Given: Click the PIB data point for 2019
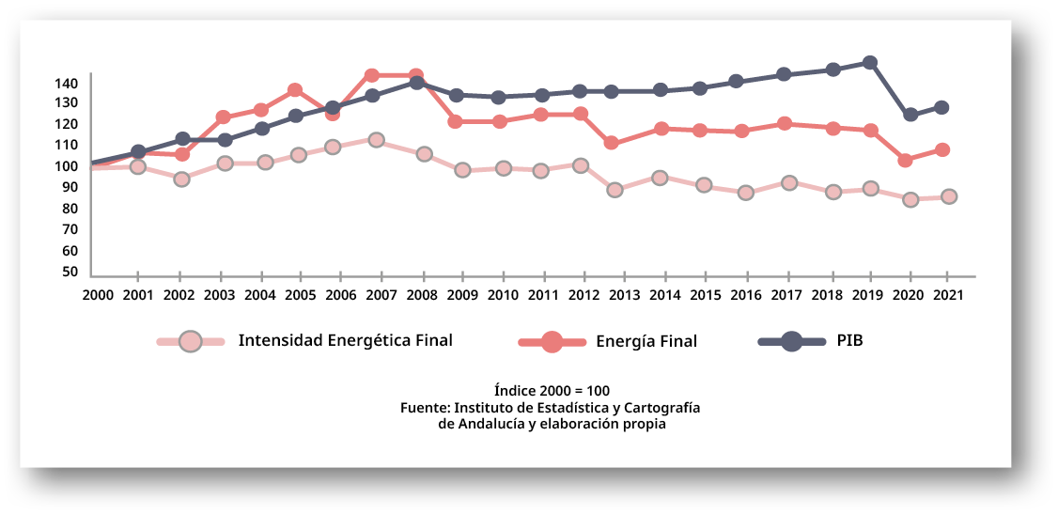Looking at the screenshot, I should (870, 63).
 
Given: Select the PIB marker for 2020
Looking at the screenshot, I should (910, 115).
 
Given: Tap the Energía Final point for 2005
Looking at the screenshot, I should (294, 90).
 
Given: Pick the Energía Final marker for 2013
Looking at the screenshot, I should (612, 143).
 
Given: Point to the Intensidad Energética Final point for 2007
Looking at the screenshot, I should (376, 140).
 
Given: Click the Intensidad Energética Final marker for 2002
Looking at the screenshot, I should (182, 179).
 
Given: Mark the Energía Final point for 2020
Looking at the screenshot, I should (906, 161).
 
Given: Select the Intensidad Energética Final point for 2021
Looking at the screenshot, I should (949, 196).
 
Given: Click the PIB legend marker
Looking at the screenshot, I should (791, 341).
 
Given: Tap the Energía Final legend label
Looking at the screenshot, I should (646, 341).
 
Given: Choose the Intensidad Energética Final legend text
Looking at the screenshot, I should (345, 340).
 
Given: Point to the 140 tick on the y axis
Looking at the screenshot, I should (65, 84).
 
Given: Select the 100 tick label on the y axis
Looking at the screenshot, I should (65, 166).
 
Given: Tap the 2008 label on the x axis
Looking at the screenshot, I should (422, 294).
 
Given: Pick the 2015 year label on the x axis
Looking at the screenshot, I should (706, 294).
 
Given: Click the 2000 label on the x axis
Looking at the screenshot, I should (97, 294).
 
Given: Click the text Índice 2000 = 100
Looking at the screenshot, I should (552, 390).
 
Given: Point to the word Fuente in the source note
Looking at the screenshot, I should (424, 407).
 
